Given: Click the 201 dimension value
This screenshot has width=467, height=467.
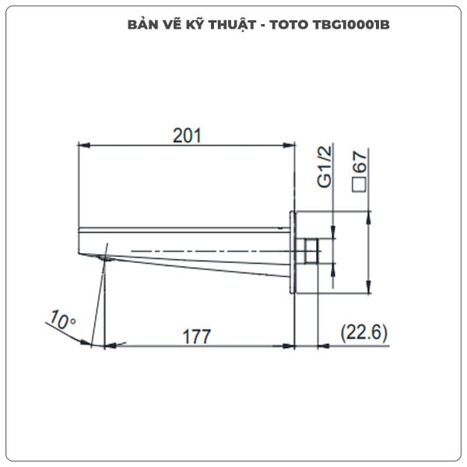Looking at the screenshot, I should click(187, 135).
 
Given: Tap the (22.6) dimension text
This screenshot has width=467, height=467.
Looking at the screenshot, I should click(364, 333).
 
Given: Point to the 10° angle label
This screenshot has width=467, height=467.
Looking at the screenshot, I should click(61, 320).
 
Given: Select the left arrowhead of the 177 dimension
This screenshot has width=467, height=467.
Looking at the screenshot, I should click(111, 344).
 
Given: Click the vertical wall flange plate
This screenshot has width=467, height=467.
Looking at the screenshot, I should click(294, 251).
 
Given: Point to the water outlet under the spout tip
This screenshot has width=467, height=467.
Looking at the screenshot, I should click(104, 258).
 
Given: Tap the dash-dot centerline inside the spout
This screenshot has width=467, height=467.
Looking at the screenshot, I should click(202, 250).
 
